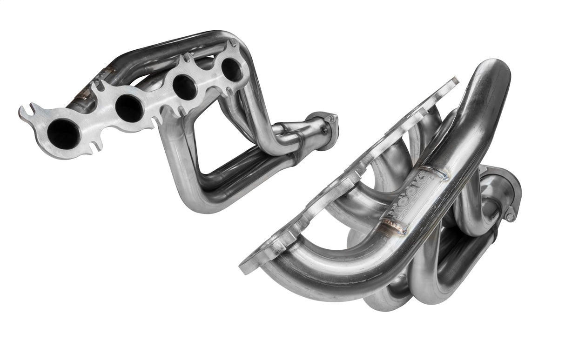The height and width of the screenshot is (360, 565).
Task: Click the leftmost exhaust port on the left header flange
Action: [63, 132]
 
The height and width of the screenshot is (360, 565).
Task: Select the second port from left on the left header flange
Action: [128, 107]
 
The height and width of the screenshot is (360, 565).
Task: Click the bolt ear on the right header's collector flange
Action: [511, 216]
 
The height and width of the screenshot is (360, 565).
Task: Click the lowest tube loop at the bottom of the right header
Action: [386, 302]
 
